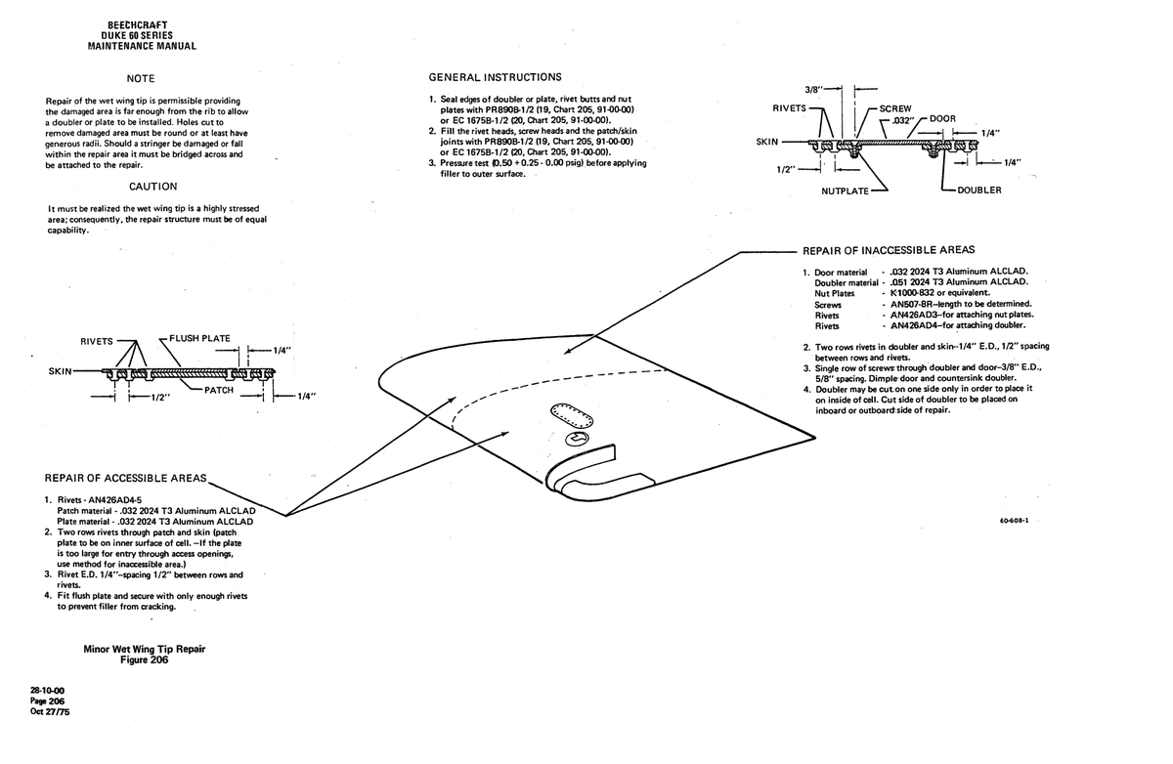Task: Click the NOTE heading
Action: [x=141, y=78]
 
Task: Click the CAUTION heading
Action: [x=152, y=187]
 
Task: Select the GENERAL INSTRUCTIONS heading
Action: [x=495, y=77]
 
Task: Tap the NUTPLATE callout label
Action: [x=845, y=191]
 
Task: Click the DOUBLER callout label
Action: [x=978, y=190]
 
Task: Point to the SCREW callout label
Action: [x=895, y=108]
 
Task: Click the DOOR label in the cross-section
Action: [x=942, y=119]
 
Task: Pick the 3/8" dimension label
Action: [x=812, y=90]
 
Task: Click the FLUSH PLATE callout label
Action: [x=199, y=339]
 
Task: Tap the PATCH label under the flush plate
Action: [x=218, y=390]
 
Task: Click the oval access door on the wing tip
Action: [x=571, y=416]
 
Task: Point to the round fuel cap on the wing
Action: [x=577, y=439]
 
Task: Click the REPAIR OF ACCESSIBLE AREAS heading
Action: [x=125, y=479]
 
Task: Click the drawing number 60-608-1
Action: [x=1014, y=521]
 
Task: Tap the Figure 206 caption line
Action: [x=144, y=659]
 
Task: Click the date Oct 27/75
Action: [x=50, y=711]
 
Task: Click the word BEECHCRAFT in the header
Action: [x=138, y=25]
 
